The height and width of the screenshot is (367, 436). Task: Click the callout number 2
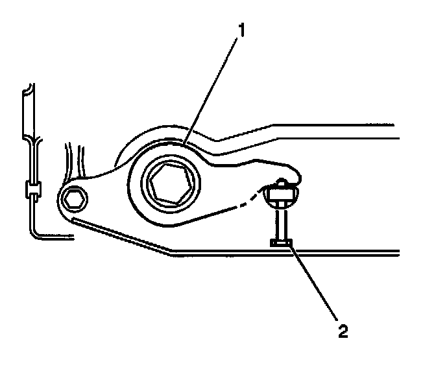[343, 331]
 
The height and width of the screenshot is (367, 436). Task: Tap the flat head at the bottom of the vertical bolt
[281, 243]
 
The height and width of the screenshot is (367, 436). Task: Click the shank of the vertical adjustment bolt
[281, 220]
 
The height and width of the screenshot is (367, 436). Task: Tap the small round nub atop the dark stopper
[282, 182]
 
